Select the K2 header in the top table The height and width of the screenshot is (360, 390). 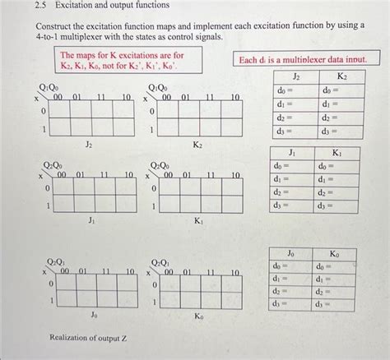340,76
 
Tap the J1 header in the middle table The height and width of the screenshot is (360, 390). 292,153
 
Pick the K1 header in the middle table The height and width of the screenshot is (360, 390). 337,153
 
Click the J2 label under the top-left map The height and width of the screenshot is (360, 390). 89,145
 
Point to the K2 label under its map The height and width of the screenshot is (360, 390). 197,145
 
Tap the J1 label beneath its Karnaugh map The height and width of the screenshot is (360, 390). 92,220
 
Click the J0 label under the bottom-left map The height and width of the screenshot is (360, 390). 94,315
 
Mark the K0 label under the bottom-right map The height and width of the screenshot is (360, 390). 199,315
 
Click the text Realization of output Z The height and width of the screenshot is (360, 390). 88,338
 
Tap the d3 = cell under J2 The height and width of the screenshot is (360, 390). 296,130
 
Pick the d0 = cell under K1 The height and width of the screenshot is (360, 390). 337,166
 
